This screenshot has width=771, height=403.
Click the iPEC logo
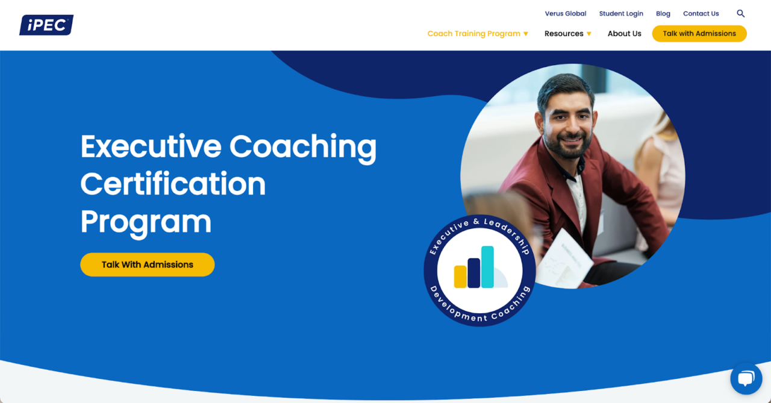(x=46, y=25)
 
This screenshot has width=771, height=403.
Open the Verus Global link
(x=565, y=14)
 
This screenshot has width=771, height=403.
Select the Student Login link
(x=621, y=14)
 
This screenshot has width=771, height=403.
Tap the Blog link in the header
(x=663, y=14)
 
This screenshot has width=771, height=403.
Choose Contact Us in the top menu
(x=701, y=14)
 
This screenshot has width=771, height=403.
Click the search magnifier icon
(x=741, y=14)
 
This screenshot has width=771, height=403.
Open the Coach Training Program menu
(x=477, y=34)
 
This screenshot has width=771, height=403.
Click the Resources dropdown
(x=567, y=34)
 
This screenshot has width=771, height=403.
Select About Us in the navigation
(x=624, y=34)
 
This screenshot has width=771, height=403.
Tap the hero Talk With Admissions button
(x=147, y=264)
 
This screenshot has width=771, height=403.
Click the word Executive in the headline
(x=151, y=146)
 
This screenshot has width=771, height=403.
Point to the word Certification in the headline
(x=173, y=184)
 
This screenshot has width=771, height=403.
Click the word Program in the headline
(x=146, y=222)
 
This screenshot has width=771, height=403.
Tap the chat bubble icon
(x=746, y=378)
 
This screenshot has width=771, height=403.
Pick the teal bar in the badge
(x=487, y=267)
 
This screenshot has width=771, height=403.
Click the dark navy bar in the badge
(x=473, y=273)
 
